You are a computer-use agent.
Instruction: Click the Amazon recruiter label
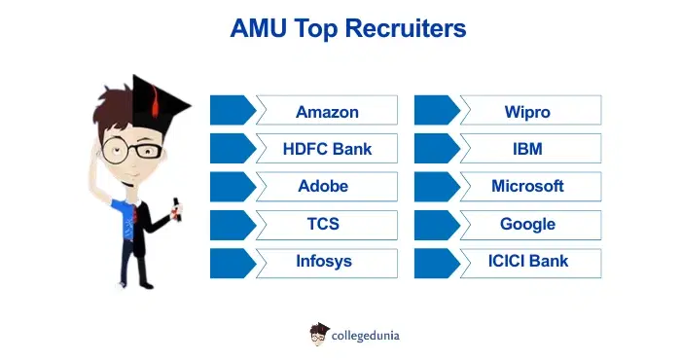(x=327, y=111)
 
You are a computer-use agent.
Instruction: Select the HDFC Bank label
(x=327, y=149)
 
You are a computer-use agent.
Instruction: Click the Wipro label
(x=527, y=111)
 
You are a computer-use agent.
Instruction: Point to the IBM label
(x=527, y=149)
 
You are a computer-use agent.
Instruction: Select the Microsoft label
(x=527, y=186)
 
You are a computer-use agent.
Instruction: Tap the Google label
(x=527, y=224)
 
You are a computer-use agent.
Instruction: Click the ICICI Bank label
(x=528, y=261)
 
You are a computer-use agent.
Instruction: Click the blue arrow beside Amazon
(x=232, y=110)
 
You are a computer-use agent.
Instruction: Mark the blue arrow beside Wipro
(x=435, y=110)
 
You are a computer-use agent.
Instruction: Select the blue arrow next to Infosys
(x=232, y=261)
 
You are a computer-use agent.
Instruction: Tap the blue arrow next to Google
(x=435, y=224)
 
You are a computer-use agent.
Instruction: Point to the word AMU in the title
(x=255, y=29)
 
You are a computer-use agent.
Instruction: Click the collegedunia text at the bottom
(x=366, y=336)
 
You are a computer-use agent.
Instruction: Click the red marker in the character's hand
(x=176, y=207)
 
